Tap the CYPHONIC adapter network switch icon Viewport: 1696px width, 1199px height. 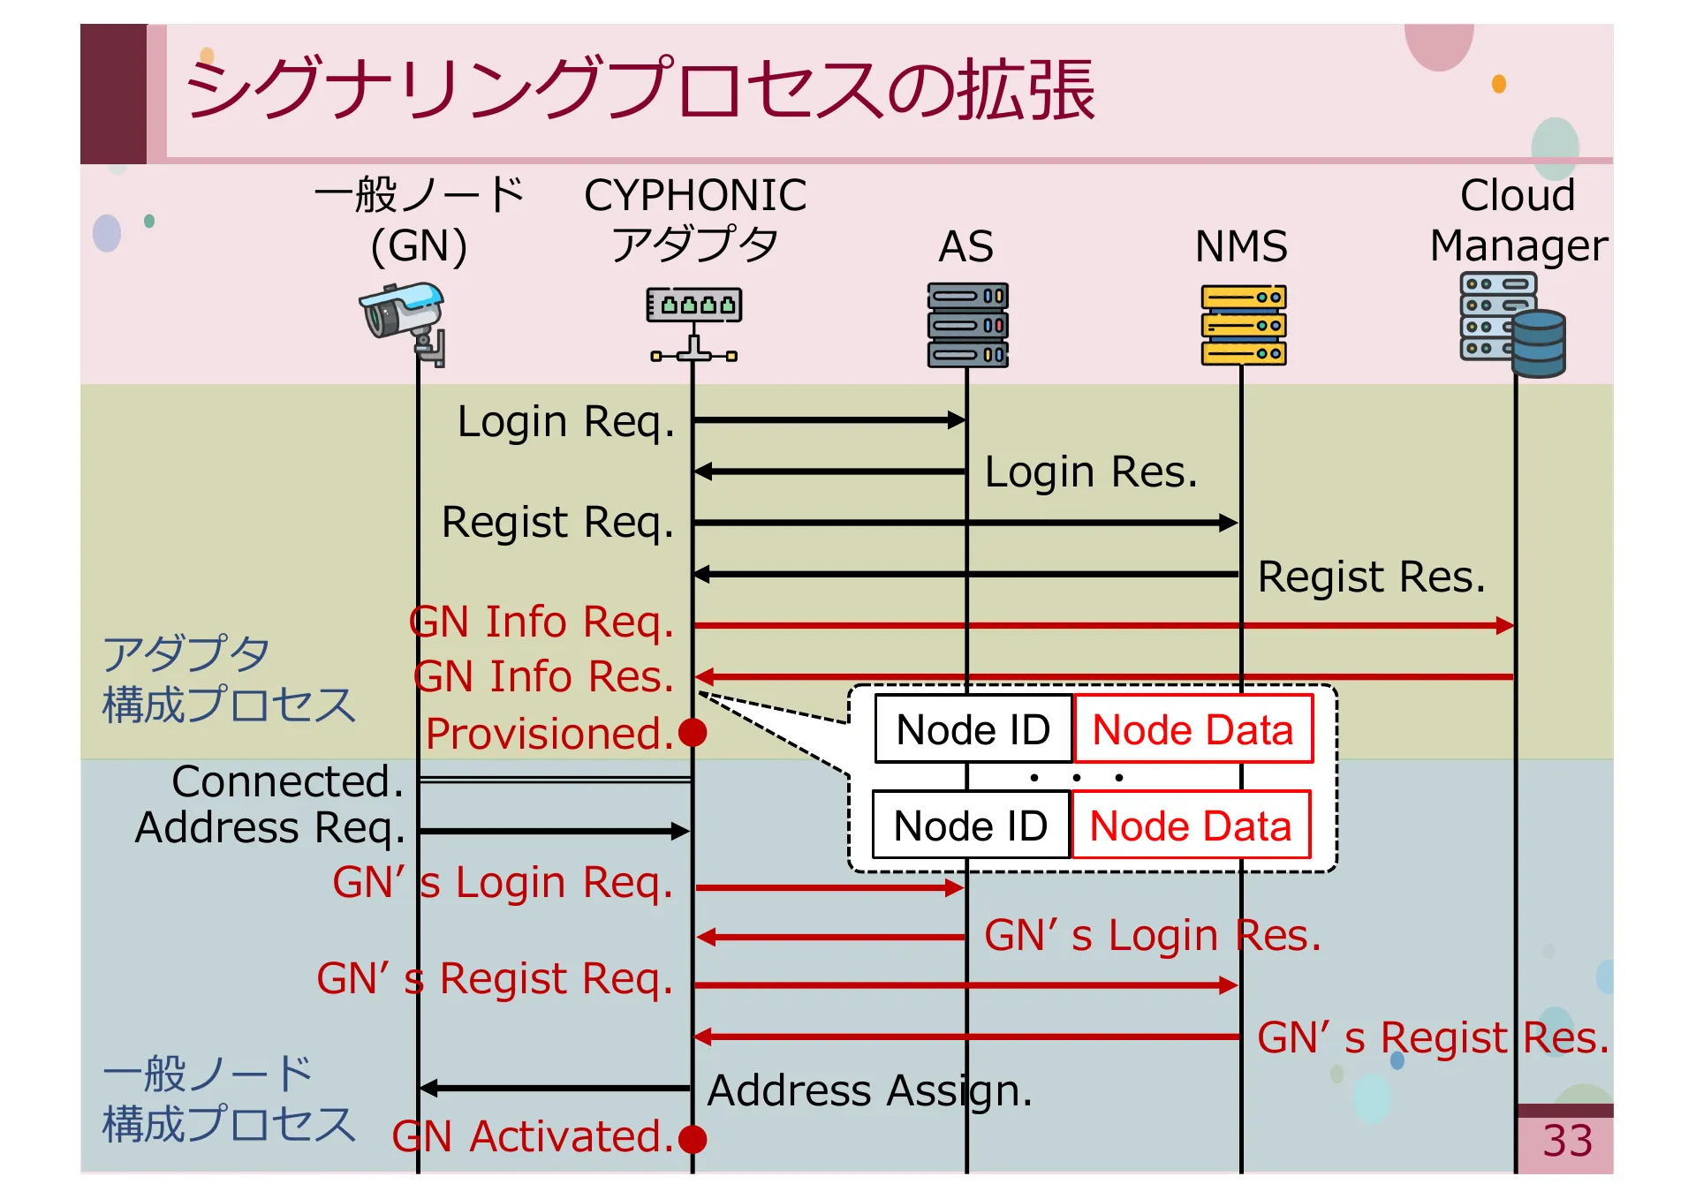(694, 323)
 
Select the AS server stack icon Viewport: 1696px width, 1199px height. (967, 324)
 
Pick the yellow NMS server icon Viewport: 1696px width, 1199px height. (1243, 324)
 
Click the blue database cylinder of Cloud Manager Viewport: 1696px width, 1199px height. (1538, 344)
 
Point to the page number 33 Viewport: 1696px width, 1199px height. (1567, 1141)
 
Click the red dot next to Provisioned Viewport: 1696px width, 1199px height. (693, 733)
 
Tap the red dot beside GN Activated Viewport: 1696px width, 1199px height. (693, 1139)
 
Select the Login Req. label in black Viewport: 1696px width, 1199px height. (565, 422)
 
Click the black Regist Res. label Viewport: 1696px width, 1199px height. (1371, 577)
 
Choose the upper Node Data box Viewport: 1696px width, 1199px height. (1192, 730)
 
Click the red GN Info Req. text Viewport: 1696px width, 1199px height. (542, 622)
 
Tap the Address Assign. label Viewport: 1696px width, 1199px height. (869, 1091)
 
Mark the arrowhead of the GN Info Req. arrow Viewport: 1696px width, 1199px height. (1505, 626)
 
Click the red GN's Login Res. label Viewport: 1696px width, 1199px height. (1152, 936)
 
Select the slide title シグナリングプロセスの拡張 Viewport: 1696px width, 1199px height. (640, 90)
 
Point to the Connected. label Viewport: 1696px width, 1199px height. (288, 781)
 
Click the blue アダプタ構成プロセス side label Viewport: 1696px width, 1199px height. (228, 680)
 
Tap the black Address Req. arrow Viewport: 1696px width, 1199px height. (554, 831)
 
